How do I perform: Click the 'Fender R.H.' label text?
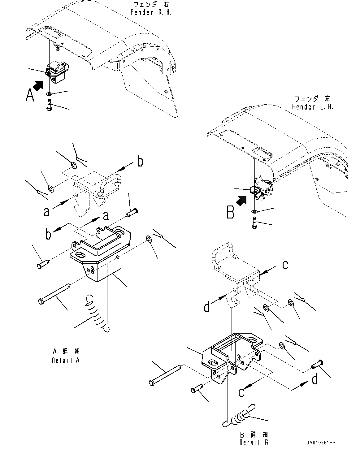151,12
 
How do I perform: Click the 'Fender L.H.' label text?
312,107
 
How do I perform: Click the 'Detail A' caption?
66,361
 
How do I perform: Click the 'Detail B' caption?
254,443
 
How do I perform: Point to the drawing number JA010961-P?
320,443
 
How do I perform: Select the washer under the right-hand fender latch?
50,93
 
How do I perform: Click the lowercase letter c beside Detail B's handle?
285,265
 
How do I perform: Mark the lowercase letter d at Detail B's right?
314,379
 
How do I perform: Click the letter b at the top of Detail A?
140,161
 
